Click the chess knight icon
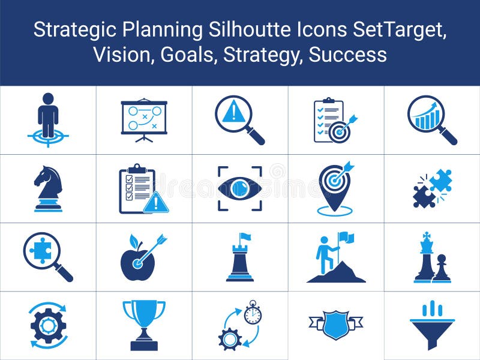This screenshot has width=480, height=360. pos(48,188)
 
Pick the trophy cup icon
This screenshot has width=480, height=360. pos(144,324)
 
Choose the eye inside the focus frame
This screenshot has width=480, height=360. pos(240,188)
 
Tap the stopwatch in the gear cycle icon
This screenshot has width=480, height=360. pos(253,313)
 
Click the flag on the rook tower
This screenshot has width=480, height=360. pos(245,237)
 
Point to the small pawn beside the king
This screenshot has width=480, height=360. pos(441,269)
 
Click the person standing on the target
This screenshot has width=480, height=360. pos(48,115)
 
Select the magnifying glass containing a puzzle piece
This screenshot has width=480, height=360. pos(42,252)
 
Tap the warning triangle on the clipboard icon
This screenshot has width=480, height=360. pos(156,203)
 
